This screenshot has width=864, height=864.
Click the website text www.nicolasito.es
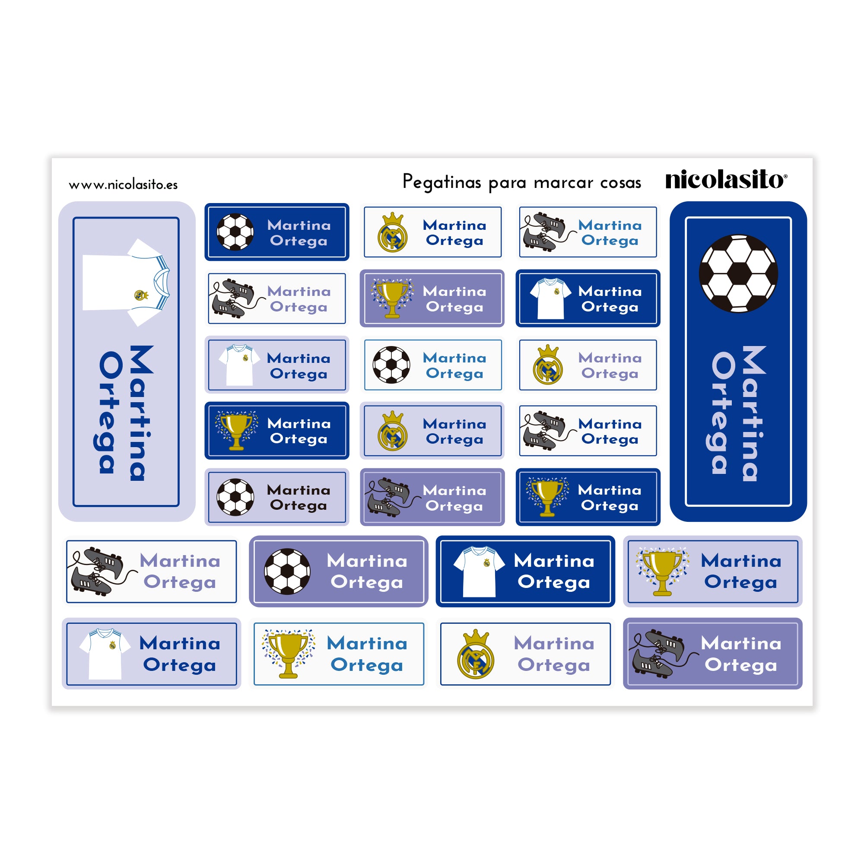[123, 185]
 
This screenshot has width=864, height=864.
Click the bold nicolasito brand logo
[724, 180]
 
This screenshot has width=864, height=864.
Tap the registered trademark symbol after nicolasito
[785, 176]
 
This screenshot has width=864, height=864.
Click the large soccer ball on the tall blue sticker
[738, 273]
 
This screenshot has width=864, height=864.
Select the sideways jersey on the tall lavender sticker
[126, 282]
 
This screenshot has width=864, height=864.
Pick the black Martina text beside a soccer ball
[299, 490]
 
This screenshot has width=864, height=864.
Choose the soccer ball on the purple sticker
[287, 572]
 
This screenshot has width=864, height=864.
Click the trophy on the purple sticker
[392, 298]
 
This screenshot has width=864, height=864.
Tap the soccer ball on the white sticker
[391, 365]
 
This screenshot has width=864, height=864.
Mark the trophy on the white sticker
[289, 653]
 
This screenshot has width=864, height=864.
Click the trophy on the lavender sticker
[662, 572]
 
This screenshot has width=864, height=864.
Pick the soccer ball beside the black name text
[235, 497]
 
